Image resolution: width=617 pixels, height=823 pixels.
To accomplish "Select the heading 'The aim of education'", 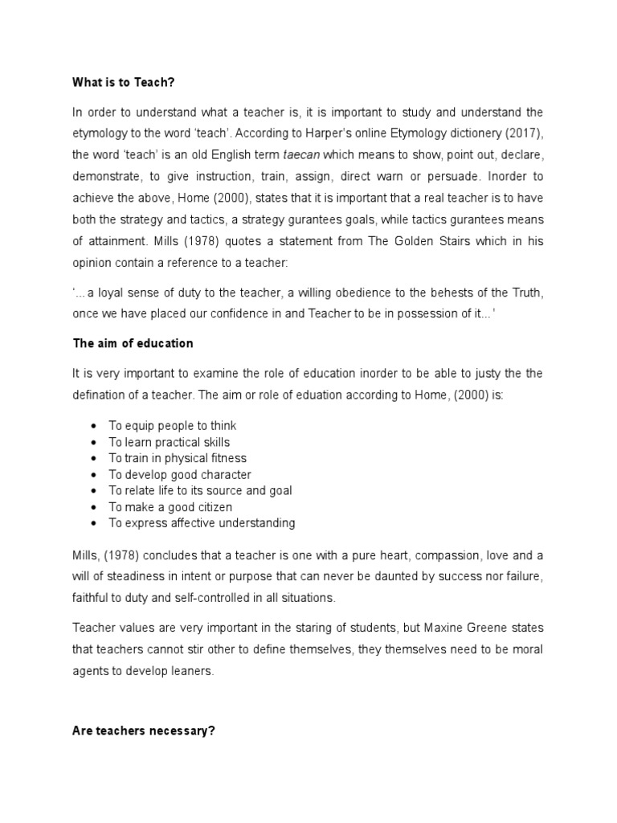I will tap(133, 343).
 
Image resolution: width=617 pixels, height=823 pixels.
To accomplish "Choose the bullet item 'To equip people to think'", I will tap(173, 426).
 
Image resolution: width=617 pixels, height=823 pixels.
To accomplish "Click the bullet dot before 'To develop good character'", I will tap(95, 475).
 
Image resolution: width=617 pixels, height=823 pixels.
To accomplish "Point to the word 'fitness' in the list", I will tap(227, 458).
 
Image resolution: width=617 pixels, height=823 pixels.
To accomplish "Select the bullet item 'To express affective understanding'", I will tap(202, 523).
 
